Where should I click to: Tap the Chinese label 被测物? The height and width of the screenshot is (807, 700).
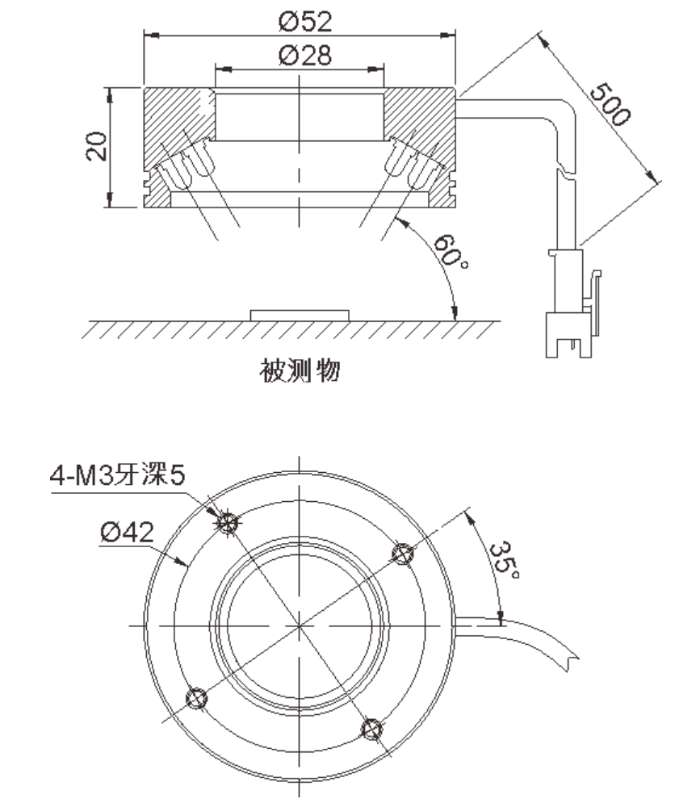(x=300, y=371)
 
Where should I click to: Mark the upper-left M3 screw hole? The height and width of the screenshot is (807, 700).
(x=228, y=523)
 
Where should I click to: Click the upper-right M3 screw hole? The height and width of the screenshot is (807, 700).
(x=401, y=553)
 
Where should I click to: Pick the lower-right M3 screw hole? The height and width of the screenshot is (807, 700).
(x=371, y=729)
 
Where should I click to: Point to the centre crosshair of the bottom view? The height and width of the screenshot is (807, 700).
(x=300, y=625)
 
